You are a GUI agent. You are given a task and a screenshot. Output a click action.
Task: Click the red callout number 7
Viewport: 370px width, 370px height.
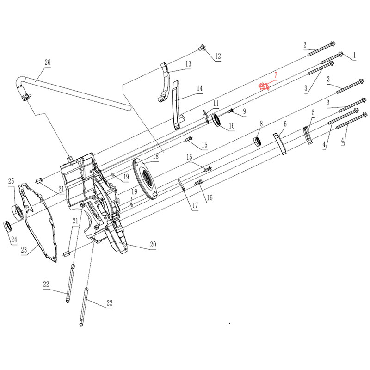(276, 74)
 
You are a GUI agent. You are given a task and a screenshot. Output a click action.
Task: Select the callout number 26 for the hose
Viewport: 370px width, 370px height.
(48, 62)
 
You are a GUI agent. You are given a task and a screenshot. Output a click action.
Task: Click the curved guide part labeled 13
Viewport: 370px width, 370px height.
(164, 81)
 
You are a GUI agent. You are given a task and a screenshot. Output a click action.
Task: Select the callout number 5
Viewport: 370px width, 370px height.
(313, 112)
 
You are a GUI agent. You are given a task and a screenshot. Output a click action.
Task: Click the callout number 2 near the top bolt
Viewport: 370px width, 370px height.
(305, 44)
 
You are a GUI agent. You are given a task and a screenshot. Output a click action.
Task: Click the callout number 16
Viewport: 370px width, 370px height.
(210, 198)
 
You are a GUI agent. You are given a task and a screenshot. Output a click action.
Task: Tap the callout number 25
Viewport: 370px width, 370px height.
(11, 181)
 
